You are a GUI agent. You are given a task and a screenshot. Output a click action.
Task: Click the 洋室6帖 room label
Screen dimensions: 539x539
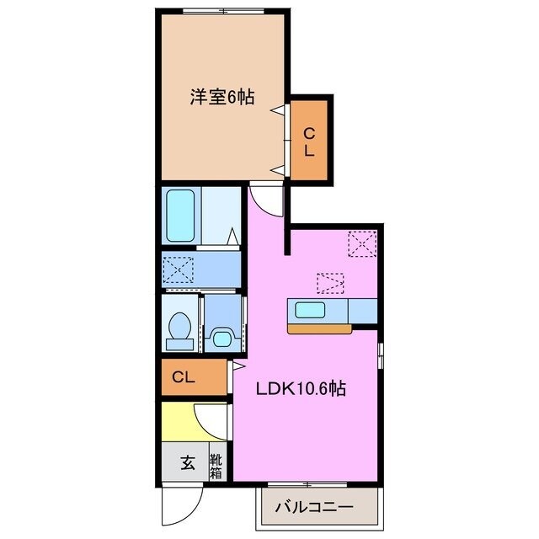(221, 96)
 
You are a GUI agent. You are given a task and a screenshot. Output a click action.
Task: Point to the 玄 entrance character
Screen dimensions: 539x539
(186, 462)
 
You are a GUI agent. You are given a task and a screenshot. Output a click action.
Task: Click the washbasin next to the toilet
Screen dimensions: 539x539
(221, 338)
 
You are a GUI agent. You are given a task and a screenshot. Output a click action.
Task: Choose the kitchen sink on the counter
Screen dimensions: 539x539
(310, 310)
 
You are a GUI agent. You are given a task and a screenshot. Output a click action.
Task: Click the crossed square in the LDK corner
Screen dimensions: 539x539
(362, 245)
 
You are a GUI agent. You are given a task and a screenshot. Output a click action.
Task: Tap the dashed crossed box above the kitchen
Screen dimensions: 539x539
(330, 282)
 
